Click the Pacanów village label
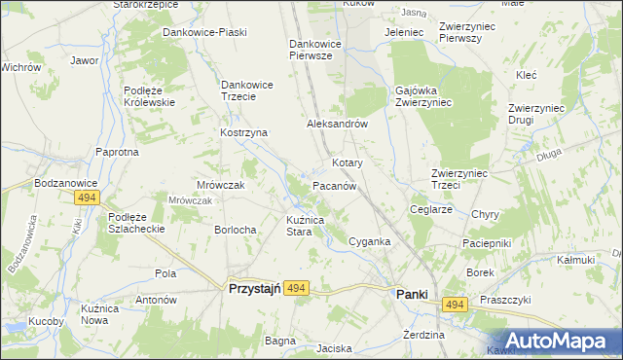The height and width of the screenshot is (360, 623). [x=339, y=185]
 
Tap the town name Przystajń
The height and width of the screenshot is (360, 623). [x=254, y=289]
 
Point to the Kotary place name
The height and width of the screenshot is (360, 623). [x=348, y=162]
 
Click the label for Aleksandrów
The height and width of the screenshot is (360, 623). [x=336, y=125]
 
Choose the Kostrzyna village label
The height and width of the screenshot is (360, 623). [x=243, y=132]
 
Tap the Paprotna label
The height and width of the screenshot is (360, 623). [x=117, y=152]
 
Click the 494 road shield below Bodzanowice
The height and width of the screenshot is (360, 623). [x=89, y=198]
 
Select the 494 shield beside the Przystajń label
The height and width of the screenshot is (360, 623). [x=298, y=288]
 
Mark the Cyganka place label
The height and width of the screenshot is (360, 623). [x=369, y=241]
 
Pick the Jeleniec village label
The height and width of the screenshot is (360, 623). [x=404, y=32]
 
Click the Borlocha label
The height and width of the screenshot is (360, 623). [x=235, y=230]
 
